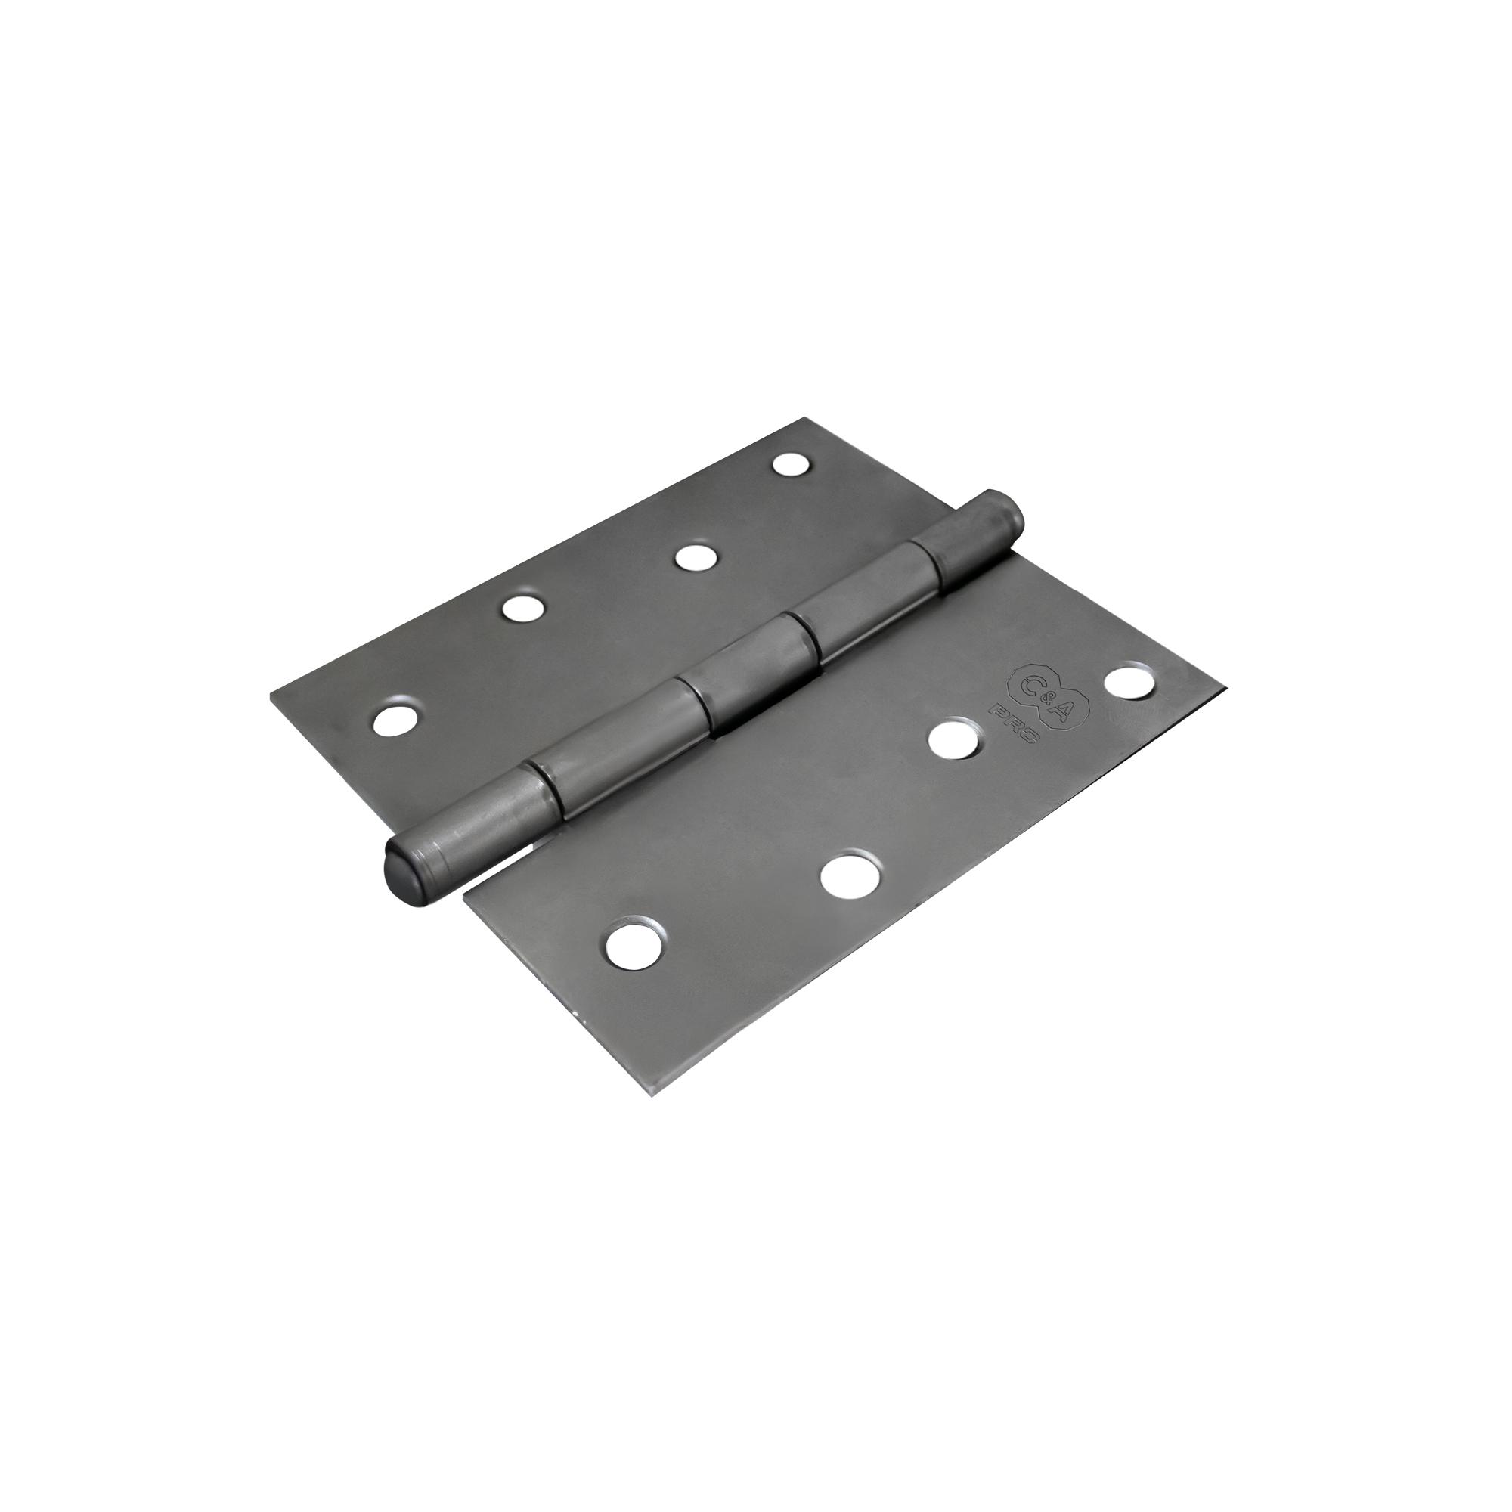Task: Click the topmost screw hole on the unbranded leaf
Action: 792,463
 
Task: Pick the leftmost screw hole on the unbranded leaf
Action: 395,719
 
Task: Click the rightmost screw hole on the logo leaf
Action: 1129,679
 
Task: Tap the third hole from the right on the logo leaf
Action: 849,875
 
